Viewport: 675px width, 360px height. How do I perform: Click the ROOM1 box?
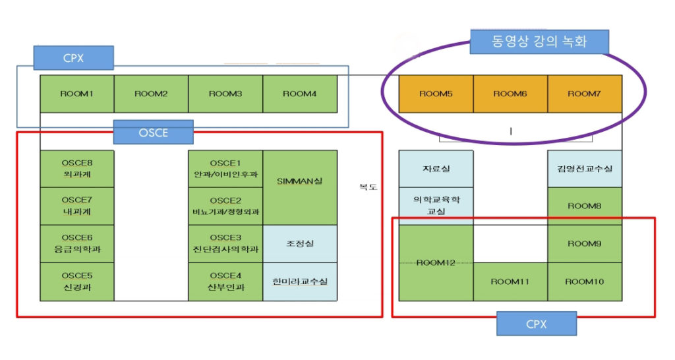(x=77, y=94)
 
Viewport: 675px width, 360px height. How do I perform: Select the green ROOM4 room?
(x=300, y=94)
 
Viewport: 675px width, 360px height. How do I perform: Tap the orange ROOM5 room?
(x=436, y=94)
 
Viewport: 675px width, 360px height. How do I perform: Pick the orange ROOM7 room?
(x=585, y=94)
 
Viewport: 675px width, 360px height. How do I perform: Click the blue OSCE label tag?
(x=153, y=132)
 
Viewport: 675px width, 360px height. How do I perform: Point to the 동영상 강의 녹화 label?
(x=539, y=42)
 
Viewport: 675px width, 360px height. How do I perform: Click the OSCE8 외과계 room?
(x=77, y=169)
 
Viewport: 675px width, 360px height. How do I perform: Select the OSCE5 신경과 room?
(x=77, y=282)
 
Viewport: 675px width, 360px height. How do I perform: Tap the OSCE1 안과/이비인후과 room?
(x=225, y=169)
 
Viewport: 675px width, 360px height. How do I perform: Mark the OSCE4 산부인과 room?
(x=225, y=282)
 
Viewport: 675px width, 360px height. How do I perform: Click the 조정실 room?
(x=300, y=243)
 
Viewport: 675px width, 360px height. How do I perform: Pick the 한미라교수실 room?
(x=300, y=282)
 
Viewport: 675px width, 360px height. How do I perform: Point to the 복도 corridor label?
(x=367, y=187)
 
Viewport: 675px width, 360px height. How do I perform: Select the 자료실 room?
(x=436, y=169)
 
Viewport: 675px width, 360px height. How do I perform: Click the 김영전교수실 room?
(x=585, y=169)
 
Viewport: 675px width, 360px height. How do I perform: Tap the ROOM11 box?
(x=510, y=282)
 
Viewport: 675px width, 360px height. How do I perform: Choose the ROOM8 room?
(x=585, y=206)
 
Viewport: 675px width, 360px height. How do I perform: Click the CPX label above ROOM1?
(x=74, y=57)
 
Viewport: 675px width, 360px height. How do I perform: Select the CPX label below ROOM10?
(x=537, y=324)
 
